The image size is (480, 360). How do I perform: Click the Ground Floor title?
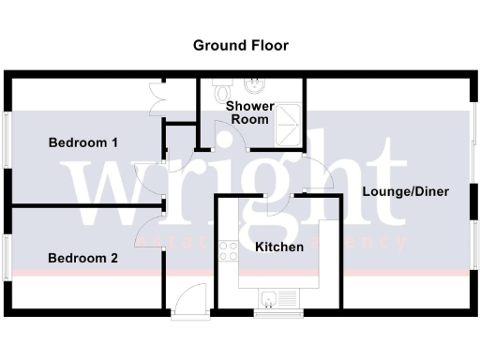tap(241, 45)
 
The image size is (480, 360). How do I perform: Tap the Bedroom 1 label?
tap(82, 143)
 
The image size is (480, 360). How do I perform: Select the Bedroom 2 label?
tap(82, 258)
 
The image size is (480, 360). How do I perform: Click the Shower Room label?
tap(249, 112)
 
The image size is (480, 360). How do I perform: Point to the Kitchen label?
tap(279, 247)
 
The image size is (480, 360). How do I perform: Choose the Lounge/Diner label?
tap(405, 191)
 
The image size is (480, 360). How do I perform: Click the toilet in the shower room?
tap(221, 93)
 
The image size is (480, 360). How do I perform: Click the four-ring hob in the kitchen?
tap(228, 250)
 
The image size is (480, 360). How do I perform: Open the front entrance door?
tap(187, 301)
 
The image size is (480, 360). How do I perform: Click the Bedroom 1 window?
tap(8, 141)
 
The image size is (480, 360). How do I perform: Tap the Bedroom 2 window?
tap(8, 255)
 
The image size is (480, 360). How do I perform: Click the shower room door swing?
tap(231, 137)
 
